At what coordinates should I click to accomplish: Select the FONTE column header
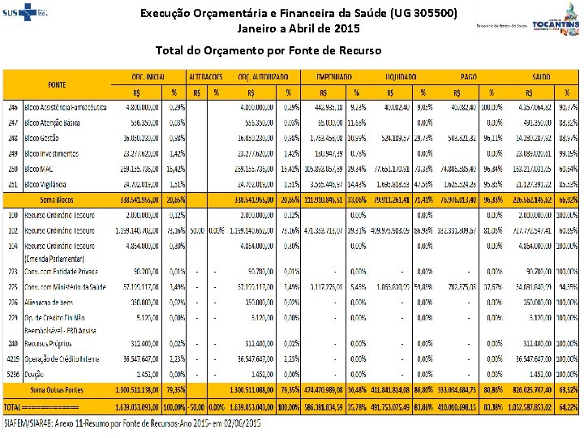(x=57, y=84)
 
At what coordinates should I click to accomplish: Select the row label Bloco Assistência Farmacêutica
(x=66, y=107)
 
